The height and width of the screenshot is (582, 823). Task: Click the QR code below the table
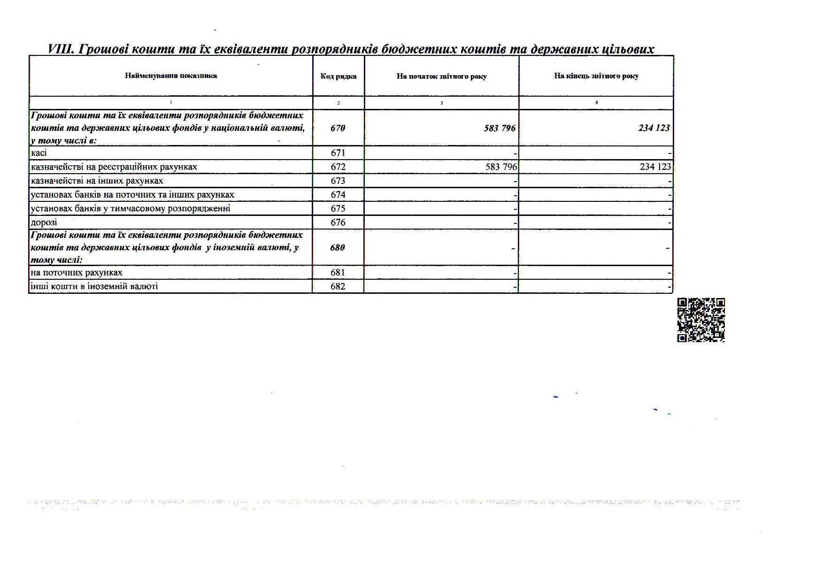[x=701, y=320]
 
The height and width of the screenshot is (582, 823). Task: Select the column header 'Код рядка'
[x=338, y=77]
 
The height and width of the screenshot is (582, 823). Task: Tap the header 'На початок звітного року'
[x=441, y=77]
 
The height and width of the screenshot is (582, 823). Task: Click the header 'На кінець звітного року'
[x=596, y=76]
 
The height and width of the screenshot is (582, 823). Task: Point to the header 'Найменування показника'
[x=171, y=76]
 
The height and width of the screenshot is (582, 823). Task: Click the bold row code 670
[x=338, y=128]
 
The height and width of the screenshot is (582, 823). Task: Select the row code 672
[x=338, y=167]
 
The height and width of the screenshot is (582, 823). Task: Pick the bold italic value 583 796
[x=500, y=128]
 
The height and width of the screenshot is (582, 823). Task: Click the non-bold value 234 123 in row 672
[x=655, y=167]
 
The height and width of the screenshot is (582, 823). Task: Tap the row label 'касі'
[x=39, y=153]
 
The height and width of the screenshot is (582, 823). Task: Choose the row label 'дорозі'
[x=44, y=222]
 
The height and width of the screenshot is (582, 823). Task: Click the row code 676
[x=338, y=222]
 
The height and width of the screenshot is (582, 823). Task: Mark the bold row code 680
[x=338, y=247]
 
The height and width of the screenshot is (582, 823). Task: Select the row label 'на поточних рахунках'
[x=77, y=273]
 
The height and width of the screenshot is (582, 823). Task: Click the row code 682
[x=338, y=286]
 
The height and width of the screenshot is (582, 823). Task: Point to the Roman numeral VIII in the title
[x=61, y=49]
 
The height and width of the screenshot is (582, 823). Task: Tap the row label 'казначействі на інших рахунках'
[x=97, y=181]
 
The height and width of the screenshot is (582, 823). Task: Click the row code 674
[x=338, y=194]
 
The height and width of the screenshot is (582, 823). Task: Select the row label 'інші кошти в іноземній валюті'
[x=94, y=286]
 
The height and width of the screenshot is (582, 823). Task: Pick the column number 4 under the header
[x=596, y=102]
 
